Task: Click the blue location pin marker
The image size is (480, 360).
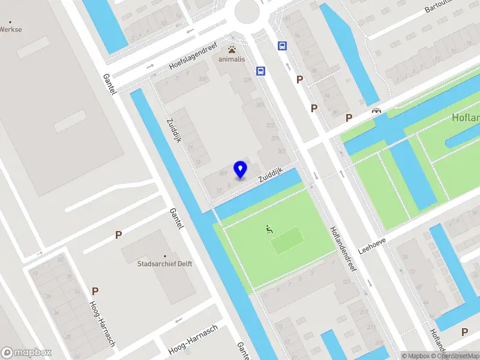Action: coord(241,169)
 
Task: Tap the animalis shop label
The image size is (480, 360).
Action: coord(232,59)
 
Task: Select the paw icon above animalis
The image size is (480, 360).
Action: coord(232,49)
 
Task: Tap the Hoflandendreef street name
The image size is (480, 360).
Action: coord(343,248)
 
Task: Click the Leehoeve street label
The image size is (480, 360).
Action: coord(372,241)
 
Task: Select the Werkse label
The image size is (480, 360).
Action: coord(11,28)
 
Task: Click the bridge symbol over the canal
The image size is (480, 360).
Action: coord(377,110)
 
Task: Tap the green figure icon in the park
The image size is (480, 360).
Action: coord(269,229)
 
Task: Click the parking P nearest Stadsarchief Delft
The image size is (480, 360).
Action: coord(119,235)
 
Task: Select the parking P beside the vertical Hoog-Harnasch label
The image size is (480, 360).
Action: coord(95,291)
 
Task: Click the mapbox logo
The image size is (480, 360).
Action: coord(26,353)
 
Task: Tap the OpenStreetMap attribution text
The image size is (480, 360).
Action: coord(457,356)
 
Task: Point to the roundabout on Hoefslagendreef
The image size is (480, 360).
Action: coord(247,10)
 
